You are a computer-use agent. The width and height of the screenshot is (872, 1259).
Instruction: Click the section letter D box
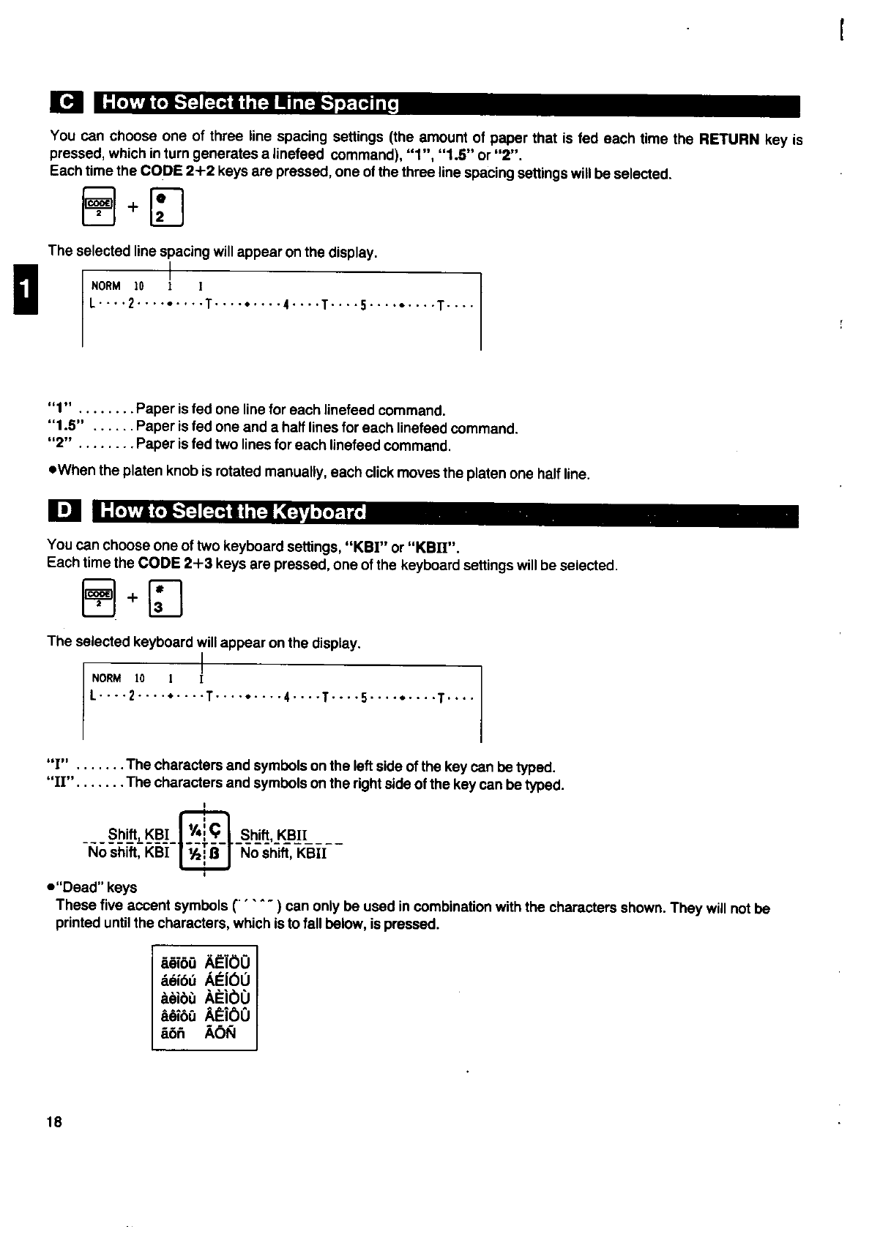pyautogui.click(x=64, y=511)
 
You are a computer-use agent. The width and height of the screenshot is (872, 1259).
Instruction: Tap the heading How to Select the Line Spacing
pyautogui.click(x=250, y=103)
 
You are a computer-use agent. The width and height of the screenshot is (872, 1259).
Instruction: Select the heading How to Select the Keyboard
pyautogui.click(x=233, y=511)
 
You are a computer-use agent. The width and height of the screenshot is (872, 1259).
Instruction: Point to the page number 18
pyautogui.click(x=54, y=1122)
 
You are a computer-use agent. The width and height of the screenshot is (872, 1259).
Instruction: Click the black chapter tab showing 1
pyautogui.click(x=23, y=290)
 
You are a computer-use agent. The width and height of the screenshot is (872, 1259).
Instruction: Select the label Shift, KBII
pyautogui.click(x=274, y=835)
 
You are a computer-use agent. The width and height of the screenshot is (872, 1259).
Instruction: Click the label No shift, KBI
pyautogui.click(x=128, y=853)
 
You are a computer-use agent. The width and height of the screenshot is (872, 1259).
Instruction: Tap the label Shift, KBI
pyautogui.click(x=138, y=835)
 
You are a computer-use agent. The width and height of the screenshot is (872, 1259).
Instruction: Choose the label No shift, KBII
pyautogui.click(x=283, y=853)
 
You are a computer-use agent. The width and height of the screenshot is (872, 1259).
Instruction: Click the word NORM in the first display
pyautogui.click(x=105, y=286)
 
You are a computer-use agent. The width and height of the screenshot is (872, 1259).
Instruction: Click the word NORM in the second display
pyautogui.click(x=106, y=679)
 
